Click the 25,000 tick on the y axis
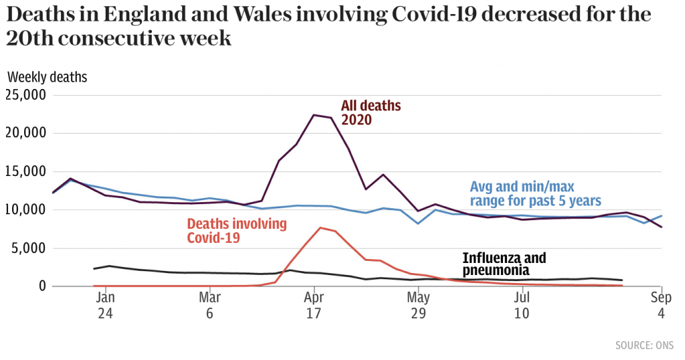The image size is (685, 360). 26,94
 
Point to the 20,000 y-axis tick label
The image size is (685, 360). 26,132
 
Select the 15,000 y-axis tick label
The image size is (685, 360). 26,171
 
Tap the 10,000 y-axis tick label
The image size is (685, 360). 26,209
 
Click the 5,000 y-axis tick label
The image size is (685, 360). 29,248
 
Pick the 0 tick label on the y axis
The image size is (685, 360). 41,286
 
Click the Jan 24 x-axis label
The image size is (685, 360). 106,305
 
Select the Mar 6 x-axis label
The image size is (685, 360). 210,305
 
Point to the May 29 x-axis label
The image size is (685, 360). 418,305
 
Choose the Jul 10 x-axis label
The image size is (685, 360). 522,305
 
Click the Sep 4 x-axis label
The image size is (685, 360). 662,305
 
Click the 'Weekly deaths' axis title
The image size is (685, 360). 47,77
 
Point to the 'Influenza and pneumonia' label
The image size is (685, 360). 504,264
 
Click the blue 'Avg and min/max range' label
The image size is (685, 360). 535,193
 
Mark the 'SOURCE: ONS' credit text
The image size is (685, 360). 645,345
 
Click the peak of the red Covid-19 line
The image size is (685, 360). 320,228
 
